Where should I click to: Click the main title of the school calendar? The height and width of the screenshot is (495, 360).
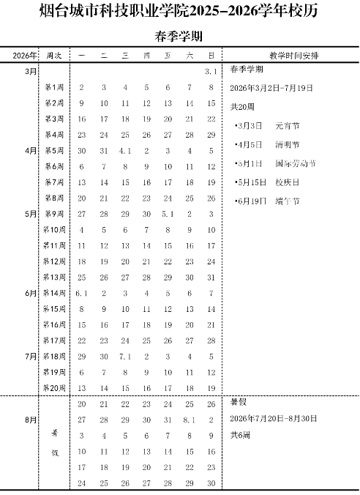pos(179,10)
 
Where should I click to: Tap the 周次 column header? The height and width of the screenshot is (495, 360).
pos(54,56)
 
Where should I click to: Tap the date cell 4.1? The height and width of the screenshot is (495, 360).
pos(125,151)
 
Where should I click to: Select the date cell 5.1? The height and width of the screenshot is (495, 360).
pos(168,215)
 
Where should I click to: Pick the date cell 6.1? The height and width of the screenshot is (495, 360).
pos(82,293)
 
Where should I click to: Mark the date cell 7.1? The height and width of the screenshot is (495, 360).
pos(125,357)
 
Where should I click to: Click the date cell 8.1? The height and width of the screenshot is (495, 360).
pos(190,420)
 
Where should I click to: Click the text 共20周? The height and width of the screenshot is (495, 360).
pos(242,106)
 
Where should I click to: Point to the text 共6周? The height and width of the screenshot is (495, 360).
pos(240,436)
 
